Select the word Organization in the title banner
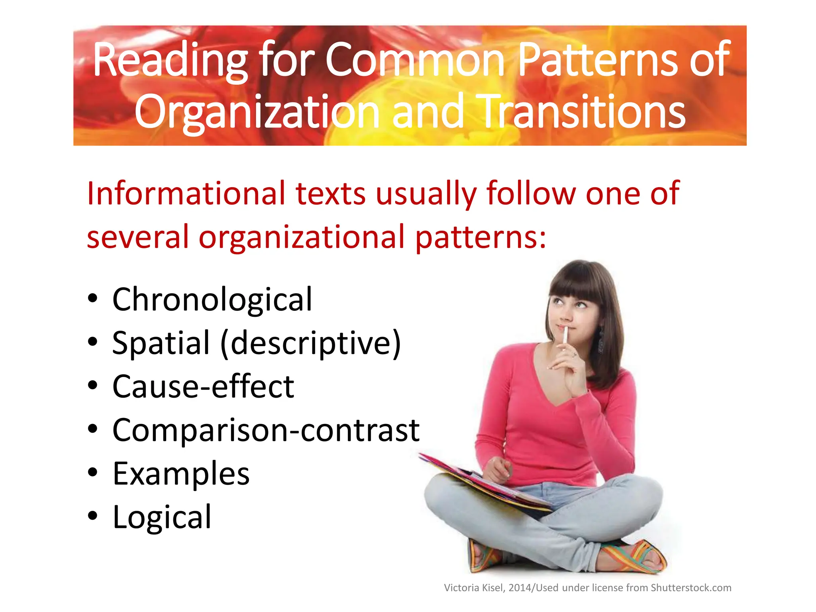coord(257,113)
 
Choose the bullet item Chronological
coord(212,300)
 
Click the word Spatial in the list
coord(161,343)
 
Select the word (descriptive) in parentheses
coord(311,344)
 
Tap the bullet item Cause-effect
coord(203,387)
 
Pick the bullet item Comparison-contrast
coord(266,430)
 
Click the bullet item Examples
coord(181,474)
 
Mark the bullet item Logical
coord(162,517)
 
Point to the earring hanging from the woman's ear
coord(600,341)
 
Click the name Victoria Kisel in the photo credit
coord(474,588)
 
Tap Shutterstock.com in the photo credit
coord(691,588)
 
